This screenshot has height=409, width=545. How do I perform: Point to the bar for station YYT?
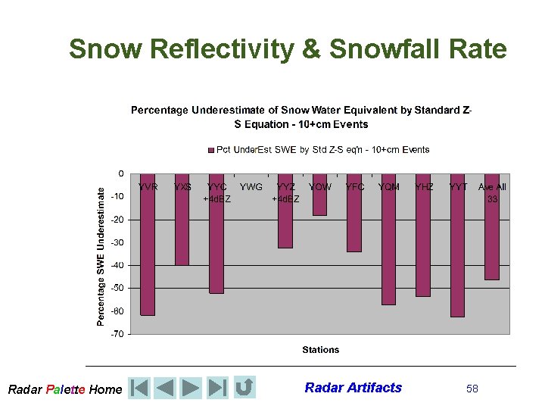[457, 250]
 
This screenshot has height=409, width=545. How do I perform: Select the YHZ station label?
[424, 186]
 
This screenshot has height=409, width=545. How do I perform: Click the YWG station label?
[251, 186]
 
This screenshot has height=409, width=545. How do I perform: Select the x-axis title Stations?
[320, 350]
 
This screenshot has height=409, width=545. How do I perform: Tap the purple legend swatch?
[211, 150]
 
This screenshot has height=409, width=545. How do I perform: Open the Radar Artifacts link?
[353, 388]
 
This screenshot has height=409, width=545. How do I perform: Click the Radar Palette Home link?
[64, 389]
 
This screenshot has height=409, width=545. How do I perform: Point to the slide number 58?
[472, 389]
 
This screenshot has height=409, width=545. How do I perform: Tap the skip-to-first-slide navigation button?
[139, 388]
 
